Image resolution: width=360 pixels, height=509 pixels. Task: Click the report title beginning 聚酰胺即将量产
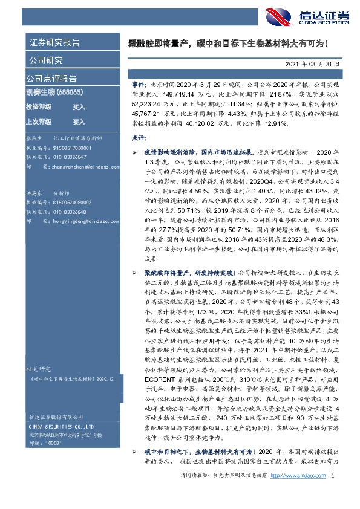(230, 44)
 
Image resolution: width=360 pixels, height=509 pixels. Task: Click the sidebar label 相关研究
(40, 368)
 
